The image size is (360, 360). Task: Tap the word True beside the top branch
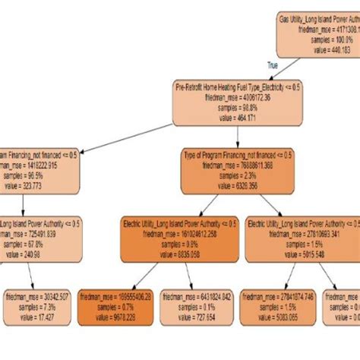coord(283,66)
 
